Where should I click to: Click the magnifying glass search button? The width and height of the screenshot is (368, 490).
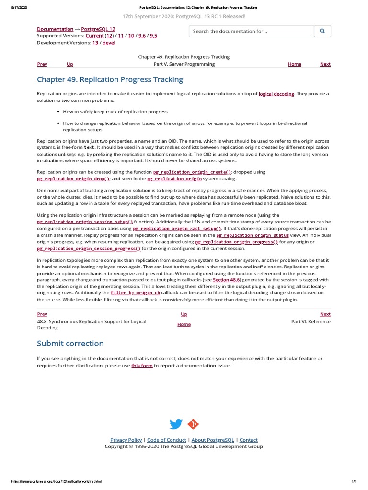(x=322, y=31)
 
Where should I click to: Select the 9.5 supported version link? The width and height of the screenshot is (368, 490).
(x=153, y=36)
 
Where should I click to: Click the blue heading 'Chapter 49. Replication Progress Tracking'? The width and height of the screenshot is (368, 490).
(x=110, y=79)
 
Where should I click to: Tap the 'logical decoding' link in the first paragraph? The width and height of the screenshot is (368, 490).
(x=276, y=94)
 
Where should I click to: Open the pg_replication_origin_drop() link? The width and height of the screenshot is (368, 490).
(x=74, y=179)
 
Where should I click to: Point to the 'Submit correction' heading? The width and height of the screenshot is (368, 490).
(x=70, y=344)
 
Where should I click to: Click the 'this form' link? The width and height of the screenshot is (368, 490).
(x=142, y=366)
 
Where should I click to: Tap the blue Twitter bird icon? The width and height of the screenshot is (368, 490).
(x=176, y=424)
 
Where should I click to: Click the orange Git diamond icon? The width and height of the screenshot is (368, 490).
(x=193, y=424)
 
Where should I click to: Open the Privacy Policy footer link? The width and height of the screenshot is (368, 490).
(x=126, y=440)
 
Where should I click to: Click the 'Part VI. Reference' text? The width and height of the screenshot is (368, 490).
(x=310, y=322)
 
